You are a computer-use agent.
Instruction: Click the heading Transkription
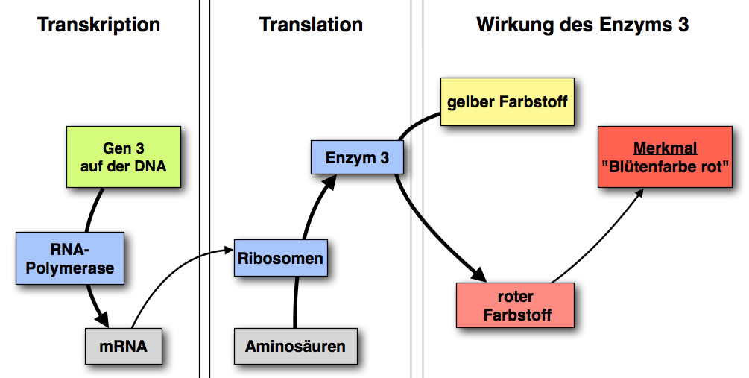tap(98, 25)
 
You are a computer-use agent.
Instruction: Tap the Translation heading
tap(311, 25)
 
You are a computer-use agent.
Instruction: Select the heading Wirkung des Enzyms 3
tap(582, 25)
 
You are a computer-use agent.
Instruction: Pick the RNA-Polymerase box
tap(70, 257)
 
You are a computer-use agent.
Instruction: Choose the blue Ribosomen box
tap(281, 259)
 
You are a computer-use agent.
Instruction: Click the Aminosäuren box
tap(296, 346)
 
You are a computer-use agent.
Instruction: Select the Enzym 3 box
tap(357, 157)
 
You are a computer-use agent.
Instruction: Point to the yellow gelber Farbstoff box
tap(508, 101)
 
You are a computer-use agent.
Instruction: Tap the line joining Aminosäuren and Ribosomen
tap(297, 302)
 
